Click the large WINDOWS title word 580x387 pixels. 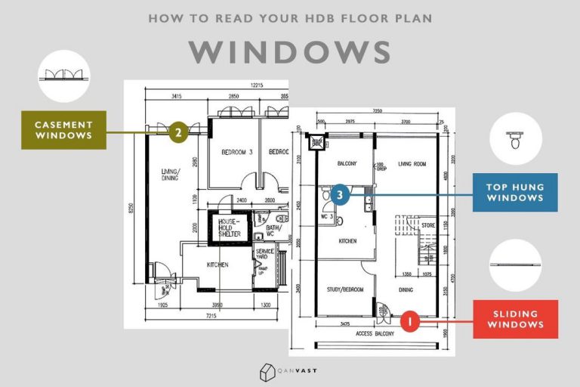290,52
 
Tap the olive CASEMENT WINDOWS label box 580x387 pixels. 63,130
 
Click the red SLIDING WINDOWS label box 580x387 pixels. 515,319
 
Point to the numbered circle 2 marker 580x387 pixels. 177,133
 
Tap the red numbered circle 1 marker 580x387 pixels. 409,320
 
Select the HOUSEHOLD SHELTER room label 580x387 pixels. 229,228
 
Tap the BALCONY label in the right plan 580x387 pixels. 347,163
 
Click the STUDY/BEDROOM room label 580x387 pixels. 344,289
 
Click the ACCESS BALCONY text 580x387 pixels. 375,333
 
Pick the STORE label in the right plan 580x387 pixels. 428,224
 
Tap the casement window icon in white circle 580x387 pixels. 63,76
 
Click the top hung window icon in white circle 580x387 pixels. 515,140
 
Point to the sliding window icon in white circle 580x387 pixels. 515,265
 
